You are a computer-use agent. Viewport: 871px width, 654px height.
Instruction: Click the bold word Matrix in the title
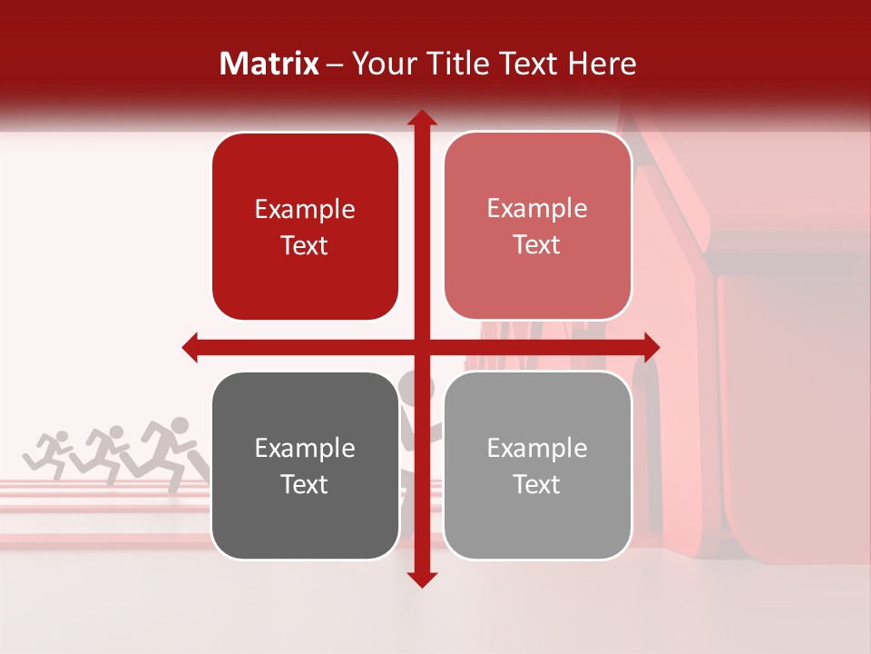tap(269, 64)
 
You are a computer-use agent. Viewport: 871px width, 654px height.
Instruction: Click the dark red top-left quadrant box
tap(305, 226)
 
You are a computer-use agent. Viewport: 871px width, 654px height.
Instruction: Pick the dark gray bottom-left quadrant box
tap(305, 465)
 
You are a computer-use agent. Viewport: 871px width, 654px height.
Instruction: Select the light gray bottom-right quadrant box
tap(537, 465)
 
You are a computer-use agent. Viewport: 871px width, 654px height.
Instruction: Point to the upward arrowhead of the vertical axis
tap(421, 118)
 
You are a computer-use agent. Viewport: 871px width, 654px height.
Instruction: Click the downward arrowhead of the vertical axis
tap(421, 579)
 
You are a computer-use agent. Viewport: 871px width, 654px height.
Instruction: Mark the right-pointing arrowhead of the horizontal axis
tap(651, 347)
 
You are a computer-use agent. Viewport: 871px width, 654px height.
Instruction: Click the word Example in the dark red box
tap(305, 210)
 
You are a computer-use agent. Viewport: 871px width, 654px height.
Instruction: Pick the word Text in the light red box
tap(537, 245)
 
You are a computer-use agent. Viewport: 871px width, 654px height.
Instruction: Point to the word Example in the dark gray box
tap(305, 449)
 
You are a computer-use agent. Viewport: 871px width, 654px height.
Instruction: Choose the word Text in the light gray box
tap(537, 484)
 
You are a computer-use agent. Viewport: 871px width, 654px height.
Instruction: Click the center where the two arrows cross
tap(421, 347)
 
